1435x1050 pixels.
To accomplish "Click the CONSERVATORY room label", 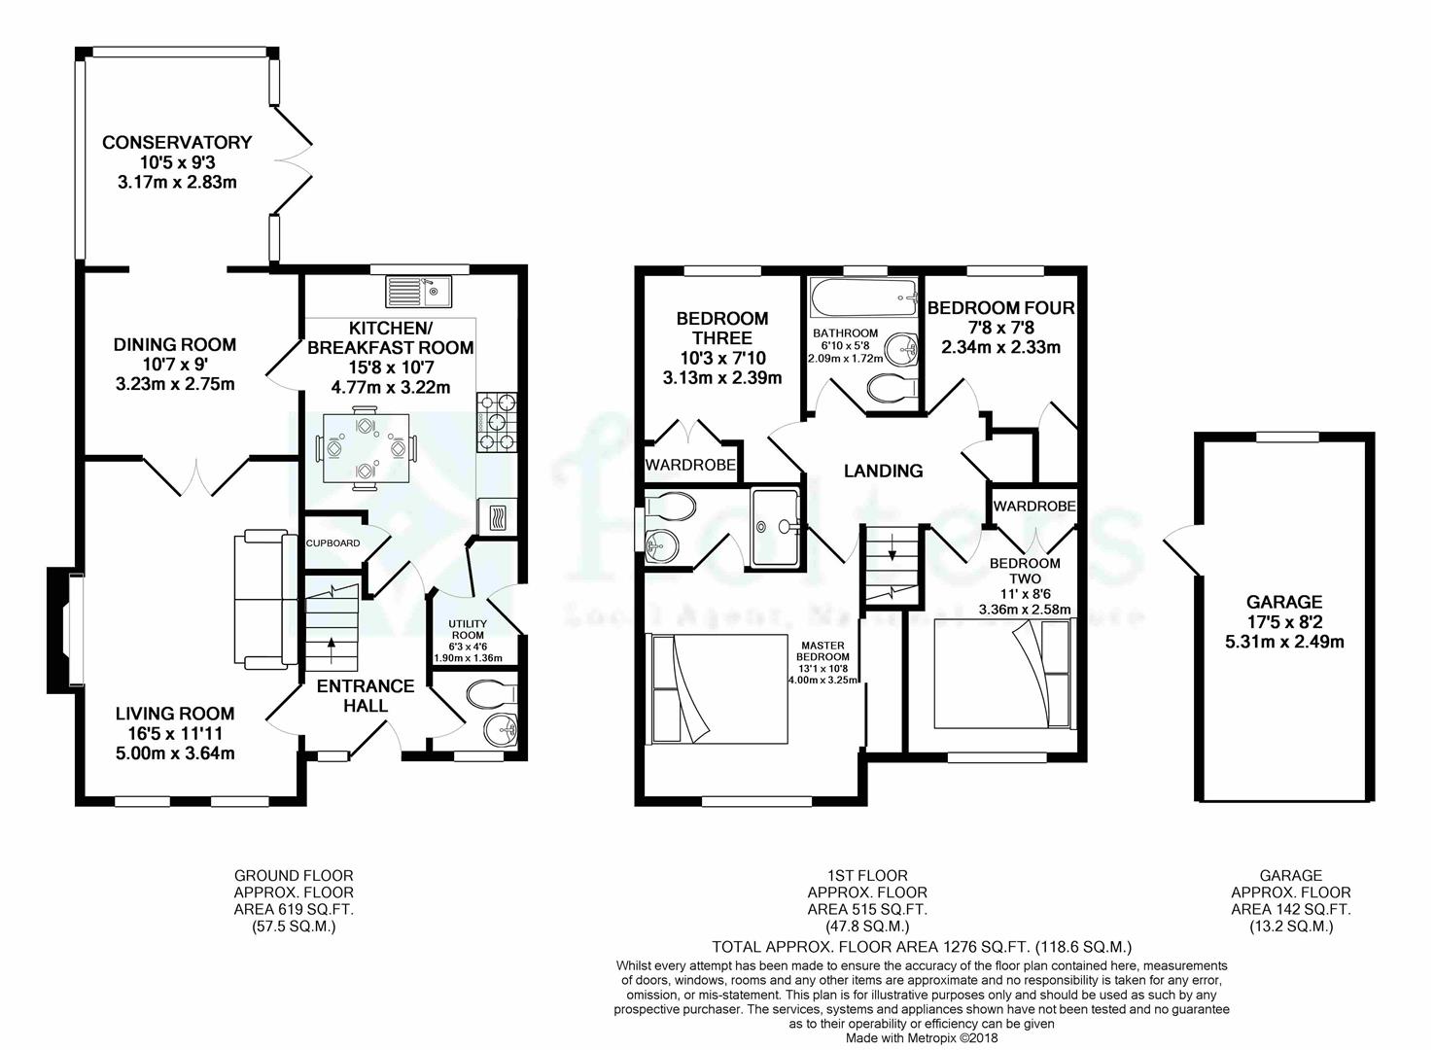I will (177, 143).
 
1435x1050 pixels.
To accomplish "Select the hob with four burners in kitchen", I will (497, 422).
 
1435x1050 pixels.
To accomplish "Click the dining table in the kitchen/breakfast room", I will (365, 447).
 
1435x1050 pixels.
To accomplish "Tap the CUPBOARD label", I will (333, 543).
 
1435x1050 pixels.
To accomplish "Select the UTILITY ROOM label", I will (467, 630).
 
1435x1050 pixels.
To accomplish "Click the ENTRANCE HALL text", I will (366, 695).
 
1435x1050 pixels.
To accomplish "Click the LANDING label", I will (883, 471).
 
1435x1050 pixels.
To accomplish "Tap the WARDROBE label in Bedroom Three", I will (690, 466).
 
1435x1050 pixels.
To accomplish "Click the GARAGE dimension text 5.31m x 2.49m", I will (1284, 642).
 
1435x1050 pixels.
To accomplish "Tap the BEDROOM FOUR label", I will (1000, 308).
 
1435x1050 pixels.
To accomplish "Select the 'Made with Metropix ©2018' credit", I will (921, 1037).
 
